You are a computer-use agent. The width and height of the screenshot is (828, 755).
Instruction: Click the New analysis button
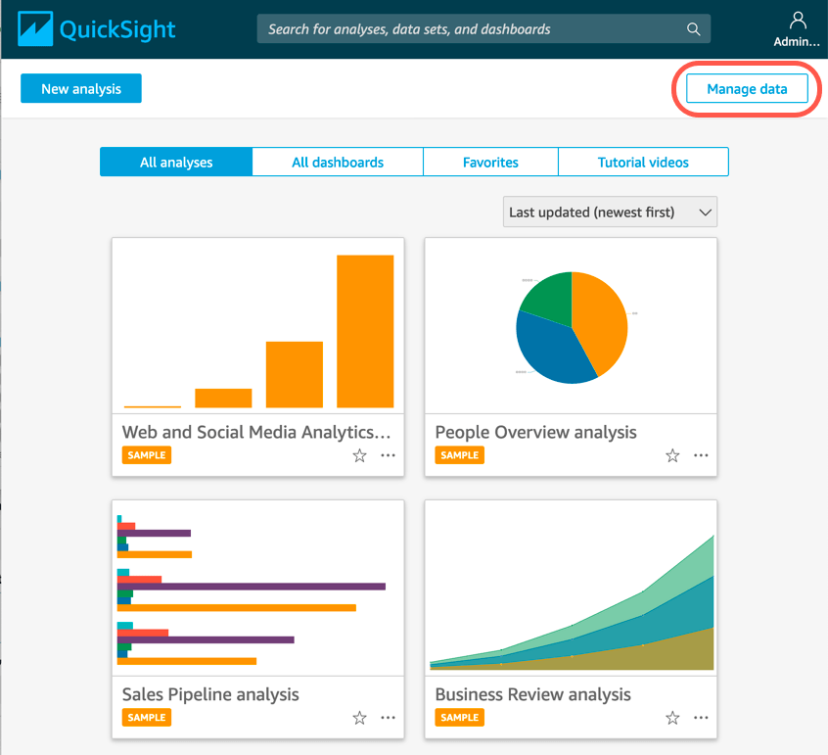tap(81, 89)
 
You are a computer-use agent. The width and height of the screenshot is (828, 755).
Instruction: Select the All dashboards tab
tap(338, 163)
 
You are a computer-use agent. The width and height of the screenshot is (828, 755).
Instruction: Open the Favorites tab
tap(490, 163)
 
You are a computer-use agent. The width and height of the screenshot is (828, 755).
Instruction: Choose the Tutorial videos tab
tap(643, 163)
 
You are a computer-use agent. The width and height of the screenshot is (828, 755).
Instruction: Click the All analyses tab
tap(176, 163)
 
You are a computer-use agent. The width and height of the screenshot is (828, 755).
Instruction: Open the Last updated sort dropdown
tap(610, 212)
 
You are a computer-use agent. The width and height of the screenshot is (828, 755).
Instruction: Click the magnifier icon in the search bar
tap(694, 29)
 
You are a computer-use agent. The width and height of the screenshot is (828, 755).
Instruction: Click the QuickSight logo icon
tap(29, 29)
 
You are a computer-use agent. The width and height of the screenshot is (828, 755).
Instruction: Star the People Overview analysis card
tap(672, 455)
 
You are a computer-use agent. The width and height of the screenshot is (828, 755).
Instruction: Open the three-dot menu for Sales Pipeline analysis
tap(389, 718)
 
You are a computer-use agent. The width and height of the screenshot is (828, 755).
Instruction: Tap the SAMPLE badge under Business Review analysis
tap(460, 718)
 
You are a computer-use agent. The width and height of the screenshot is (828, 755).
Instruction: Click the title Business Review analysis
tap(533, 694)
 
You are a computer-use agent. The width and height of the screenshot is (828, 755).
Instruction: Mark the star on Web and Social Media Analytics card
tap(359, 455)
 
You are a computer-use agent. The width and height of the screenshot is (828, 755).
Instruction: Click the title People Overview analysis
tap(535, 432)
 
